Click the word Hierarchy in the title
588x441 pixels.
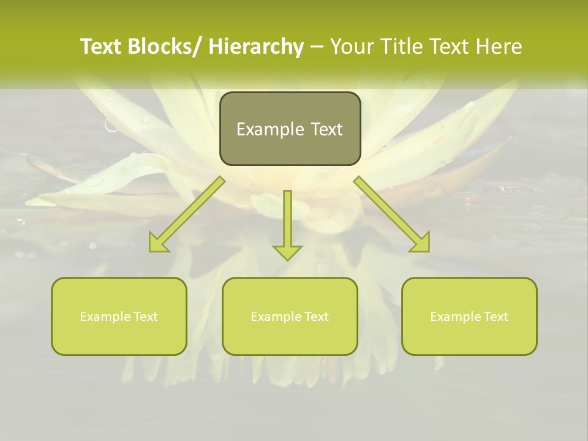[256, 47]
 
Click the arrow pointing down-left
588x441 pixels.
[187, 214]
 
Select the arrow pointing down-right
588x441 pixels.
[391, 214]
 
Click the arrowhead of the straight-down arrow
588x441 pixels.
[287, 252]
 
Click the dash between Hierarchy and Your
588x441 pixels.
[317, 47]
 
